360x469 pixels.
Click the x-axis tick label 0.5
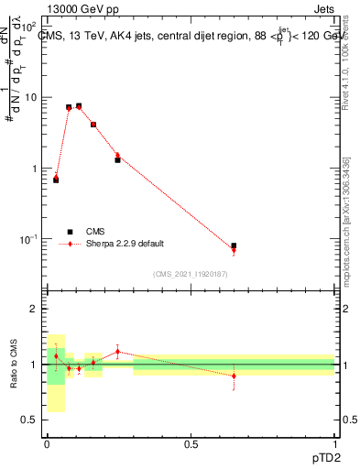[x=191, y=444]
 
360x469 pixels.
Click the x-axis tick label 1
[x=335, y=444]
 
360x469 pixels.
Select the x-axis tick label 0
[x=47, y=444]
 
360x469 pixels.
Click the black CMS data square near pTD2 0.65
[x=234, y=245]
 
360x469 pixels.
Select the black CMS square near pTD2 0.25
[x=118, y=159]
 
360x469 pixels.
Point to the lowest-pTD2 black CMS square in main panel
[x=56, y=180]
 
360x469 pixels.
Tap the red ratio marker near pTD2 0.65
[x=234, y=376]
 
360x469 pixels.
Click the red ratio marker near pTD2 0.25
[x=118, y=352]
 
